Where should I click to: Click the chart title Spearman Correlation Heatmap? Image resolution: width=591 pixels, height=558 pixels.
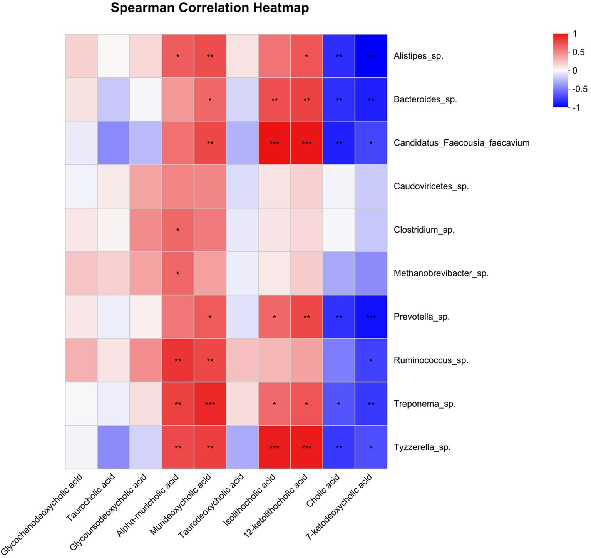coord(209,8)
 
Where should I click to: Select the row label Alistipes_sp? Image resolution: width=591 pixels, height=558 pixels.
coord(418,56)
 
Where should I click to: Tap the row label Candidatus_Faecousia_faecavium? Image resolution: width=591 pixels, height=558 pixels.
coord(461,143)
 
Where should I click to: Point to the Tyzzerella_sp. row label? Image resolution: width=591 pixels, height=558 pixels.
coord(422,447)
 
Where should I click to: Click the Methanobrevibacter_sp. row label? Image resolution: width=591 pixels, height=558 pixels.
coord(441,273)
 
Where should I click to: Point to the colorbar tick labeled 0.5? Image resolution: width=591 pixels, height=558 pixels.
coord(578,52)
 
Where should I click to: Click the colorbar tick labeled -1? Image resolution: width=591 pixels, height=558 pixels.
coord(576,107)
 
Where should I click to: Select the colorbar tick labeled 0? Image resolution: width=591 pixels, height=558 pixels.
coord(574,70)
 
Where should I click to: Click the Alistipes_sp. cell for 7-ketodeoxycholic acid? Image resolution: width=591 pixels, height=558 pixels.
coord(371,56)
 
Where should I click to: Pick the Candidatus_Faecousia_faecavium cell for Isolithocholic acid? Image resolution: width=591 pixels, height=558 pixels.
coord(274,143)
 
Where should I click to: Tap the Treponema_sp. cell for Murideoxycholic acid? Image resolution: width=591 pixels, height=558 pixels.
coord(210,404)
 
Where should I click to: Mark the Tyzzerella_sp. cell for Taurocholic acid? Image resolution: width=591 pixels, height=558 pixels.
coord(113,447)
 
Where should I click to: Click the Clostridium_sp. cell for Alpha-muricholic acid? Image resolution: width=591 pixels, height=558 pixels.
coord(177,230)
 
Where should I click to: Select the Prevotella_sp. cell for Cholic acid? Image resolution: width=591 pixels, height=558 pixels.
coord(339,317)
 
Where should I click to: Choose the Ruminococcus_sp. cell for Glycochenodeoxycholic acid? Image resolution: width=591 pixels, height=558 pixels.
coord(81,360)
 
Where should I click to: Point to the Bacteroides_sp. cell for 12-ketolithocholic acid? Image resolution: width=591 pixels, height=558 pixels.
coord(306,99)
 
